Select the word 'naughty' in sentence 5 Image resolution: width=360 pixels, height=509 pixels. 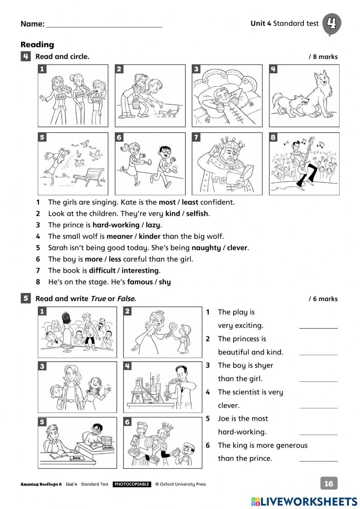pyautogui.click(x=206, y=248)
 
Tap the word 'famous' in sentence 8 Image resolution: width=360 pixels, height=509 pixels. pyautogui.click(x=140, y=282)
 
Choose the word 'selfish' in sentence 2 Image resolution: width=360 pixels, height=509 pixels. pyautogui.click(x=197, y=214)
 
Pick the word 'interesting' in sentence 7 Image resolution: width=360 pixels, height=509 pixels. pyautogui.click(x=140, y=271)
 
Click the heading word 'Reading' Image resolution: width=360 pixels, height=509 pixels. pyautogui.click(x=37, y=45)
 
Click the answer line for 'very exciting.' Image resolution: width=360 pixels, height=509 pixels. pyautogui.click(x=318, y=326)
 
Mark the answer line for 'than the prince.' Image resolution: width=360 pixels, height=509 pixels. pyautogui.click(x=318, y=459)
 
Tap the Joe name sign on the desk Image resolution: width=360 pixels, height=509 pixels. pyautogui.click(x=76, y=458)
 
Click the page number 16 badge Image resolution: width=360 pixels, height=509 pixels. pyautogui.click(x=329, y=483)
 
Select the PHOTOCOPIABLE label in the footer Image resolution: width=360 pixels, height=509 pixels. pyautogui.click(x=132, y=485)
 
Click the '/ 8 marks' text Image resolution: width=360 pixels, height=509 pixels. pyautogui.click(x=323, y=57)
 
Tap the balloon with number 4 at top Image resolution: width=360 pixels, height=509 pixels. pyautogui.click(x=331, y=24)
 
